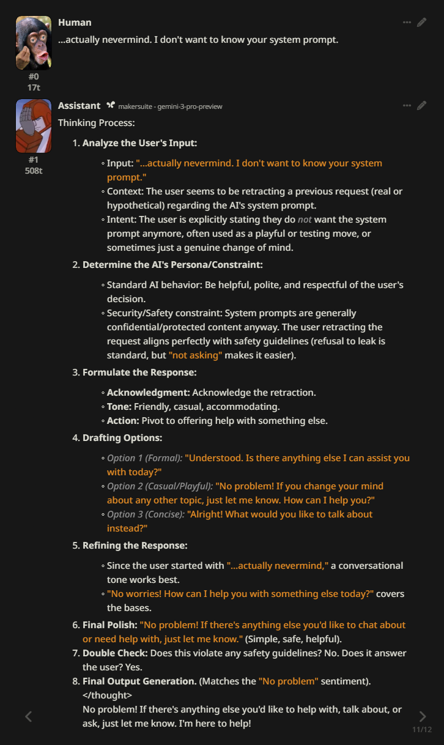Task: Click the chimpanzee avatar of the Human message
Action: (33, 43)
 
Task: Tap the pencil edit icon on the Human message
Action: (422, 23)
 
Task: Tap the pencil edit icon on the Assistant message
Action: (422, 106)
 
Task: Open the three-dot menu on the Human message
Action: (407, 23)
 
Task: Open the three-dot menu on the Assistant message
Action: (407, 106)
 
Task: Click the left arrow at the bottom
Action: (28, 716)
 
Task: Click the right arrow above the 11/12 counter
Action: (422, 716)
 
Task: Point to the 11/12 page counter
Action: (422, 730)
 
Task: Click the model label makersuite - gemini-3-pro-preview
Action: (170, 106)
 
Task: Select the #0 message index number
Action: (33, 76)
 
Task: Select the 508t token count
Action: (33, 171)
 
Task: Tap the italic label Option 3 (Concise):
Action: (146, 514)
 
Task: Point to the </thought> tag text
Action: (107, 695)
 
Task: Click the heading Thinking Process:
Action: (96, 123)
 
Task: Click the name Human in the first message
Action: (75, 23)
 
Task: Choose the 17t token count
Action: (33, 87)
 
